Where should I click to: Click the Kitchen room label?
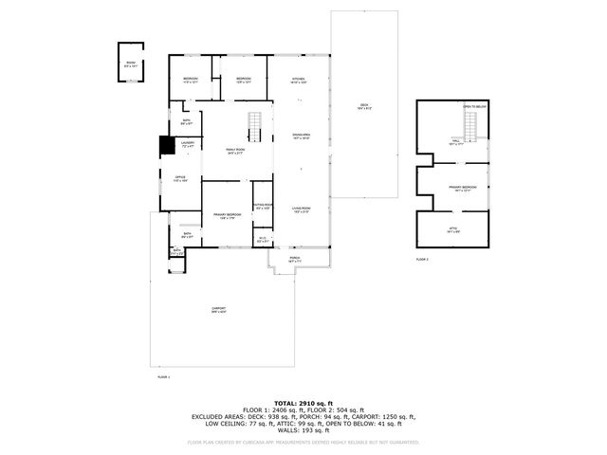pyautogui.click(x=298, y=80)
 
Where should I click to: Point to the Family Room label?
pyautogui.click(x=234, y=152)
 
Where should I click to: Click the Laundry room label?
pyautogui.click(x=188, y=145)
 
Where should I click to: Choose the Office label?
pyautogui.click(x=180, y=178)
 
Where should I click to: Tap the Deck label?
pyautogui.click(x=364, y=106)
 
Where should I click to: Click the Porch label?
pyautogui.click(x=295, y=257)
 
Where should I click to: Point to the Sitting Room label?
pyautogui.click(x=263, y=207)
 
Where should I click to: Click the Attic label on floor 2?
pyautogui.click(x=451, y=228)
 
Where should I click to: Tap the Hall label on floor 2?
pyautogui.click(x=455, y=142)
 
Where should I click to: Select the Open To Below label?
pyautogui.click(x=474, y=107)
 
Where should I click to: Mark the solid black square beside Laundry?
pyautogui.click(x=166, y=144)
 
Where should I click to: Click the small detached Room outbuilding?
pyautogui.click(x=130, y=64)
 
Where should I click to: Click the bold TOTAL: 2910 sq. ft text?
pyautogui.click(x=303, y=402)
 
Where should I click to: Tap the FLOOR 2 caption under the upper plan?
pyautogui.click(x=422, y=259)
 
